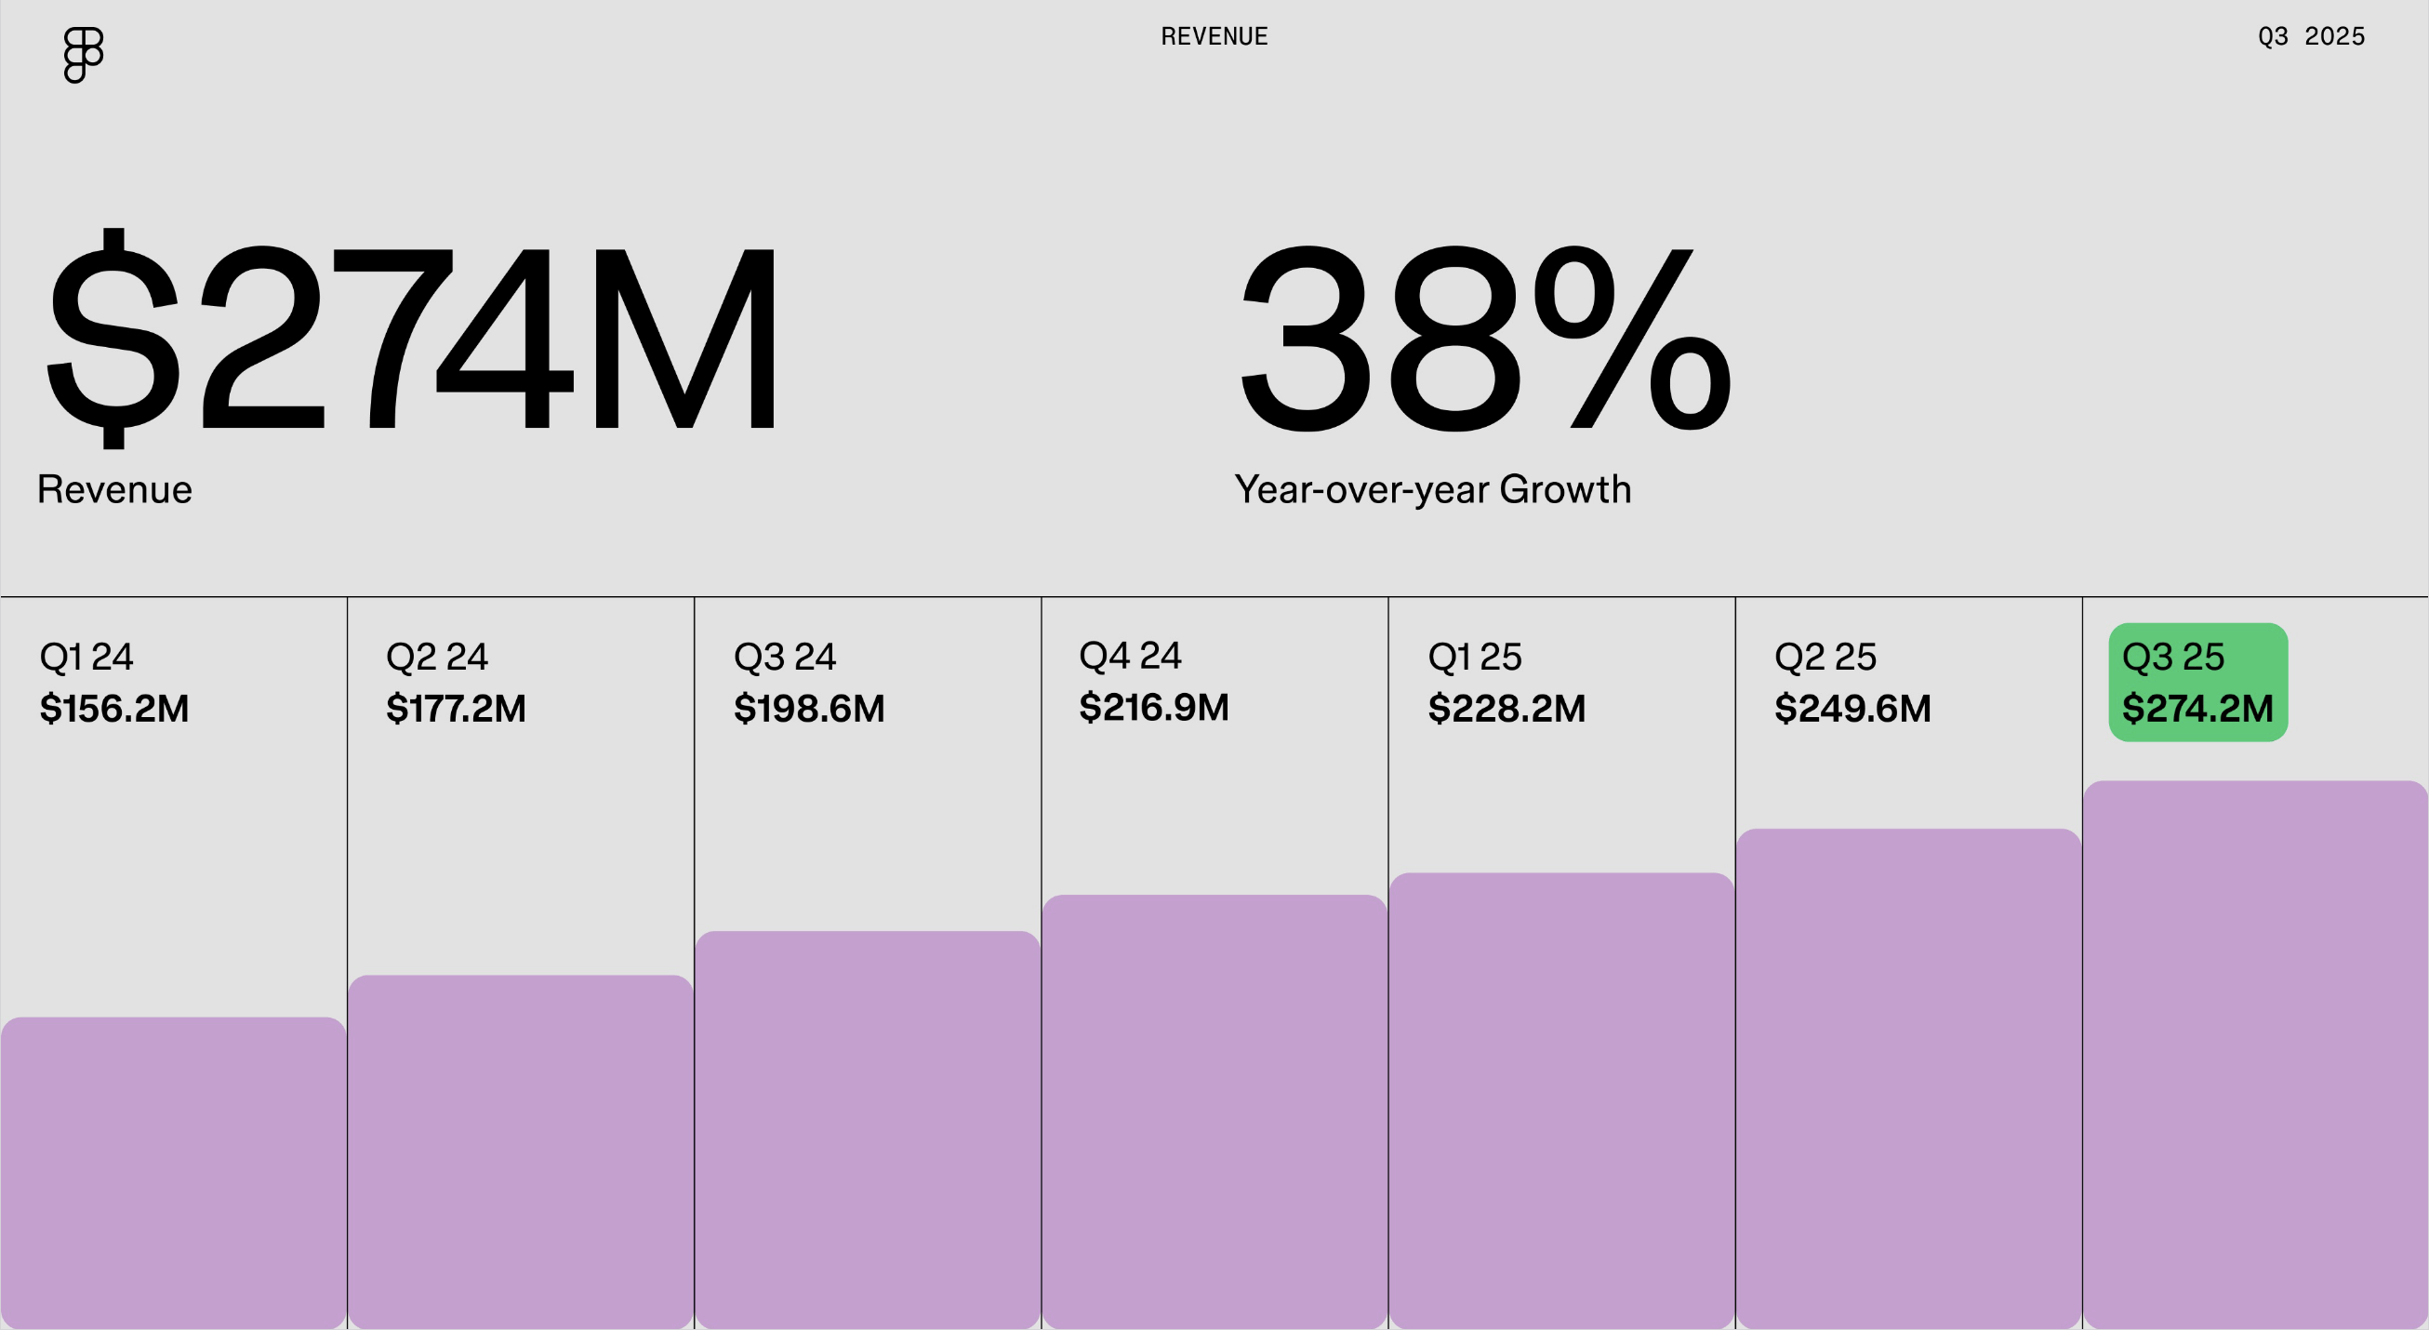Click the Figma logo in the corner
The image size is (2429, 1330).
click(x=83, y=55)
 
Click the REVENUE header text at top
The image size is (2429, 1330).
click(x=1214, y=37)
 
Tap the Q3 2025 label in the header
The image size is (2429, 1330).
click(x=2310, y=37)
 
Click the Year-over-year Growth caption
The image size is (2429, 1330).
click(x=1432, y=489)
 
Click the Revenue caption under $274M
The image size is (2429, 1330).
click(x=114, y=489)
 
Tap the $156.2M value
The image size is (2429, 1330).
click(x=114, y=709)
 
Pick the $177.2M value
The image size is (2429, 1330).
click(x=457, y=709)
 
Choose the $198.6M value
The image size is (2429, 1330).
click(x=809, y=709)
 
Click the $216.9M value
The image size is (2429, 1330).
click(x=1154, y=708)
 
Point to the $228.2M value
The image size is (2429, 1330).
click(x=1507, y=709)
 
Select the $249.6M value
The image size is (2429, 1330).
click(x=1852, y=709)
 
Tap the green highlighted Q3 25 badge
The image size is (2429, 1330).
click(x=2198, y=682)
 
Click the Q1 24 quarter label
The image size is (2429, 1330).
click(x=86, y=657)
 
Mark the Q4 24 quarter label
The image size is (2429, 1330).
click(x=1130, y=656)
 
